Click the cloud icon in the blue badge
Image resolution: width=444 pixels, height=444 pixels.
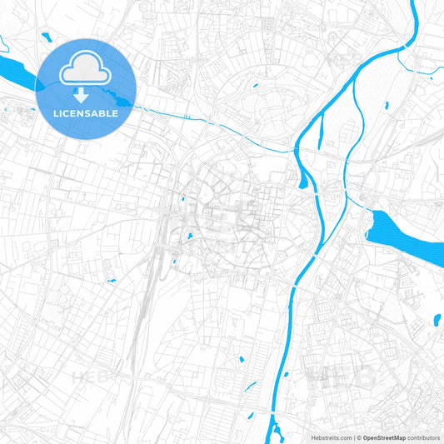[x=84, y=69]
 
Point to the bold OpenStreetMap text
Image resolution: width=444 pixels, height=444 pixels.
[x=384, y=436]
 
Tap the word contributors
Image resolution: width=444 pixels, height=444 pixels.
[x=425, y=436]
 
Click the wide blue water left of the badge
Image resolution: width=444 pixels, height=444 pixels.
[x=18, y=72]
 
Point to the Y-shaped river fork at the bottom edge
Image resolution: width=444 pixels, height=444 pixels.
[x=275, y=429]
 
